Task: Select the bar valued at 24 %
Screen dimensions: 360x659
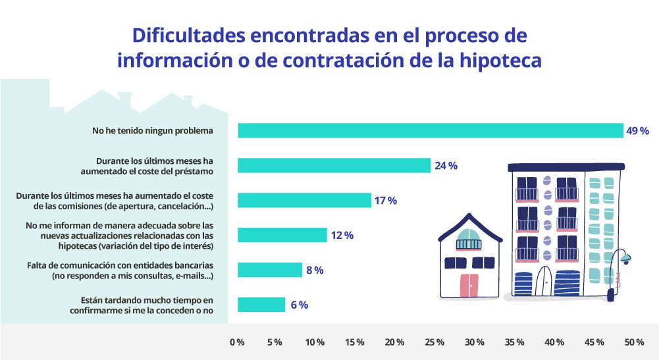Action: click(x=334, y=165)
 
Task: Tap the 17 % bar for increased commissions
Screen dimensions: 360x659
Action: click(x=304, y=200)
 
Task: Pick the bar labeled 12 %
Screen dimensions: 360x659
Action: click(x=282, y=235)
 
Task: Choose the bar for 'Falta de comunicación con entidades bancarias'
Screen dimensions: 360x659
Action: click(x=270, y=270)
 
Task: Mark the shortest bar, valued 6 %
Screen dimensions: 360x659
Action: click(x=261, y=305)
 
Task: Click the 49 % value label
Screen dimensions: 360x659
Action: click(x=637, y=131)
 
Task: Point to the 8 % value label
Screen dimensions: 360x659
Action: click(x=314, y=270)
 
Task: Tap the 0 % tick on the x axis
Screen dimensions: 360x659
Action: click(x=237, y=342)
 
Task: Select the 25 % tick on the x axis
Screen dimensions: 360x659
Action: click(x=435, y=342)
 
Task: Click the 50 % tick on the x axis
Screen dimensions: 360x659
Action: click(x=634, y=342)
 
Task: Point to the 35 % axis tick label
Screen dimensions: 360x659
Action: click(x=515, y=342)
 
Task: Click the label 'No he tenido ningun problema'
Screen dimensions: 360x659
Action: click(x=153, y=131)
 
